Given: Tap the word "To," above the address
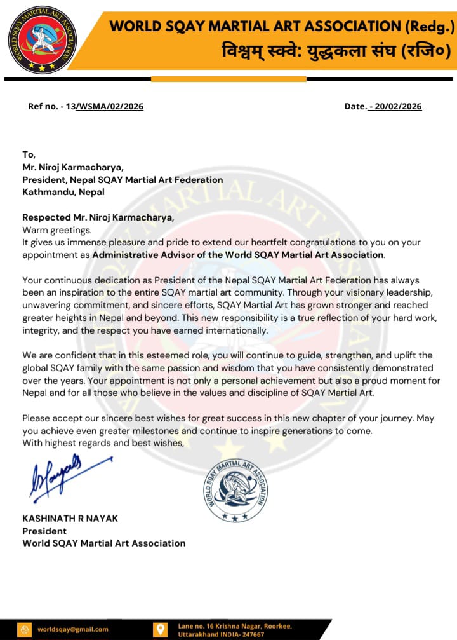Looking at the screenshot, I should (x=29, y=154).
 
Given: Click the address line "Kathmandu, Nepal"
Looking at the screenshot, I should (x=63, y=191).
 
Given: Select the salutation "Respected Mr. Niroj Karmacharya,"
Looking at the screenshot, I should (x=98, y=217).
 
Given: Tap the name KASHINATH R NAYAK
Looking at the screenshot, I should (x=70, y=518).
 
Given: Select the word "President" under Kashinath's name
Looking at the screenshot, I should (x=44, y=531).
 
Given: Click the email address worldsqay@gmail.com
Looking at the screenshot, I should (x=72, y=629).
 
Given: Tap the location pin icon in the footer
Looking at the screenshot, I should (x=161, y=629).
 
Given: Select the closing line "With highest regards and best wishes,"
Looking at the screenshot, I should (x=103, y=443).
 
